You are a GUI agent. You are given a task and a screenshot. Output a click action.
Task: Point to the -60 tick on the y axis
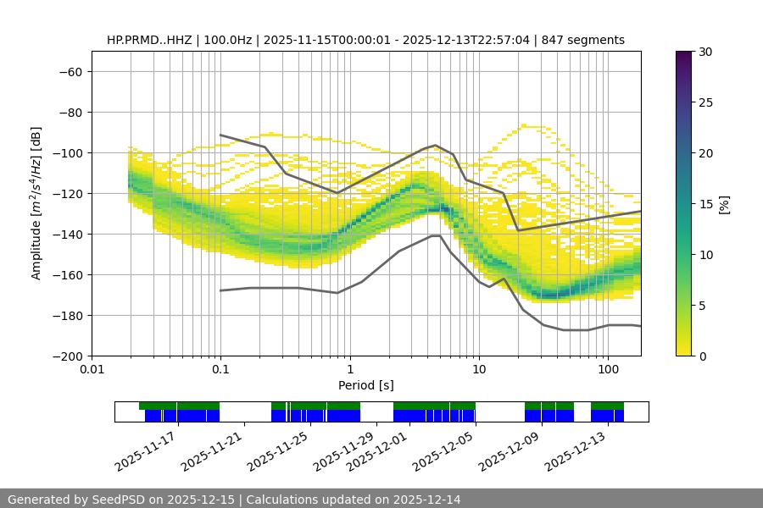pos(70,71)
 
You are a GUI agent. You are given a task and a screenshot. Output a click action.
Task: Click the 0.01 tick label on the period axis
pos(92,370)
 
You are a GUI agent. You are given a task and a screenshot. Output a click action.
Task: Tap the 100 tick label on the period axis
pos(608,370)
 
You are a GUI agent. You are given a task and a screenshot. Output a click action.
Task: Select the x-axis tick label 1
pos(350,370)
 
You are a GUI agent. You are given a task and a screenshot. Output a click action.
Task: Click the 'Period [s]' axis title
pos(365,385)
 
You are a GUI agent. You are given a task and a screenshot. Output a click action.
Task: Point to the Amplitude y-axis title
pos(36,203)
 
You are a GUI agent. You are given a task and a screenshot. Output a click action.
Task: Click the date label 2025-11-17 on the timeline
pos(146,451)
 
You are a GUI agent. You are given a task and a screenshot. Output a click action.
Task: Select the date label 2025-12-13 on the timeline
pos(576,451)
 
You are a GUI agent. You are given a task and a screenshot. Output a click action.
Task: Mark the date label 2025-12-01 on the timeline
pos(378,451)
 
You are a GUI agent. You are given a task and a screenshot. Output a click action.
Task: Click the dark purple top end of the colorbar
pos(684,54)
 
